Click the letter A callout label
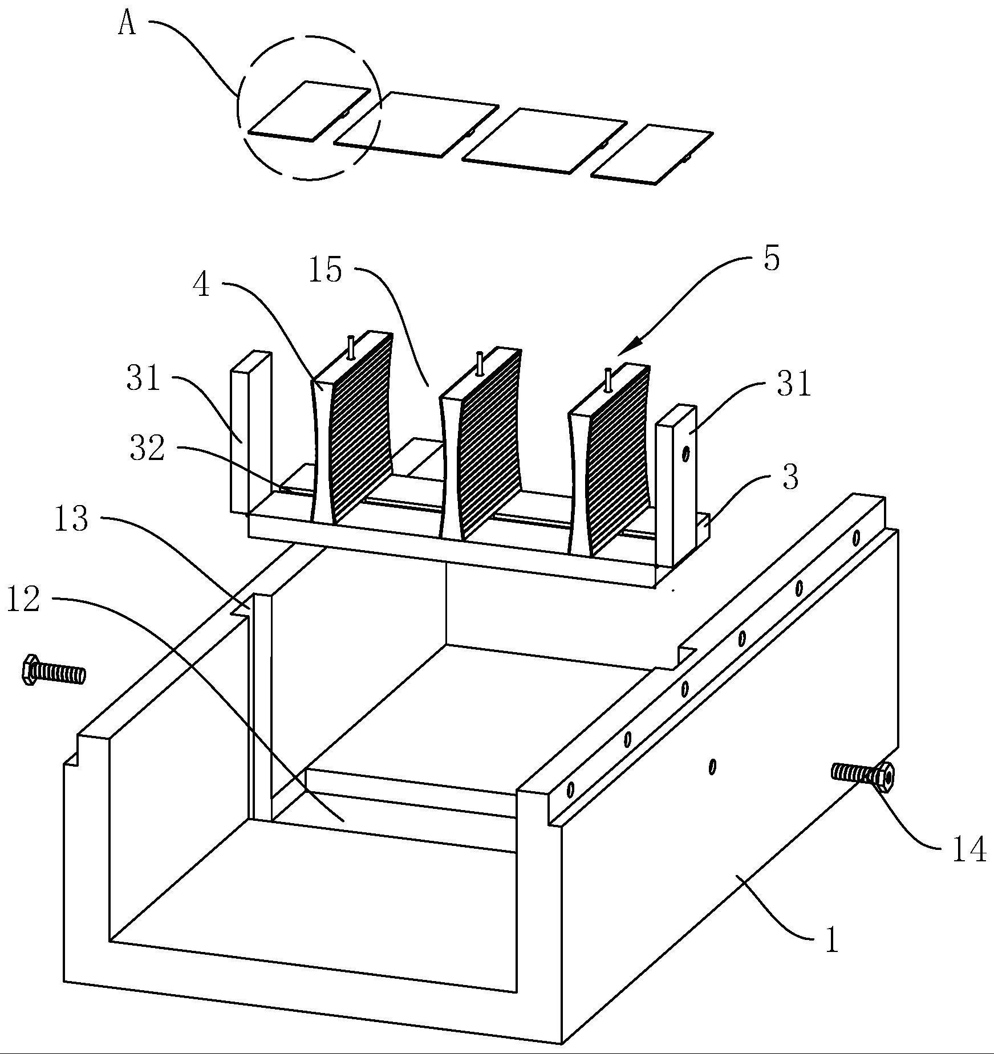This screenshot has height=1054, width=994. click(127, 25)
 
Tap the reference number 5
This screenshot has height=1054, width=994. click(771, 259)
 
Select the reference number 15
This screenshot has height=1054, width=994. click(325, 270)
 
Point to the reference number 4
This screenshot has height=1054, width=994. click(201, 286)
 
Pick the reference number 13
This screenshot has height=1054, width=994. click(71, 519)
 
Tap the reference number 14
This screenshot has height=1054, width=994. click(969, 865)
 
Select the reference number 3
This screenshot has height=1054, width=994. click(790, 477)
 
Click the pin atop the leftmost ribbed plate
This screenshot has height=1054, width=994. click(351, 347)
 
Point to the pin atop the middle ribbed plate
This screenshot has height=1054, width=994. click(480, 364)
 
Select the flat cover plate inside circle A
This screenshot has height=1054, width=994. click(309, 110)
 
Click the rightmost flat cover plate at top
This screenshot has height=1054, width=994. click(652, 154)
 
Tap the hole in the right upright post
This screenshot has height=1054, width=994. click(685, 454)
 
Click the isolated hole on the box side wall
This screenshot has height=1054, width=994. click(712, 767)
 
